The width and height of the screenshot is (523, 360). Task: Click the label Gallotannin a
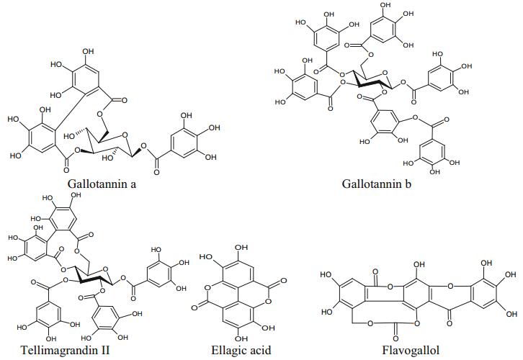point(102,184)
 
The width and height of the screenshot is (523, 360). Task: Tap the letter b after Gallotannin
point(408,184)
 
